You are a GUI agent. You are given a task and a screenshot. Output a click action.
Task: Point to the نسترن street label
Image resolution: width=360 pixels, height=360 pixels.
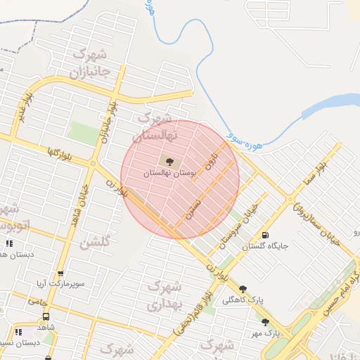click(x=193, y=204)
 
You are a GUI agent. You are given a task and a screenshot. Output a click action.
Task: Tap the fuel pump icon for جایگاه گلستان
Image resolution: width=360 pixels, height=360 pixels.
click(x=264, y=236)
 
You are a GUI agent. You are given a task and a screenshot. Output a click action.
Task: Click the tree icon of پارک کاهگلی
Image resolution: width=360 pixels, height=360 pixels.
click(x=243, y=288)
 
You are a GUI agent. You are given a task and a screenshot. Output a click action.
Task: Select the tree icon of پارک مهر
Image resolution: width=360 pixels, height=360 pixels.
click(x=265, y=322)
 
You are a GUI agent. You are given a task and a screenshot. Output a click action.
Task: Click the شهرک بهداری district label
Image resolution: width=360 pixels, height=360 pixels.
click(x=166, y=295)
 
